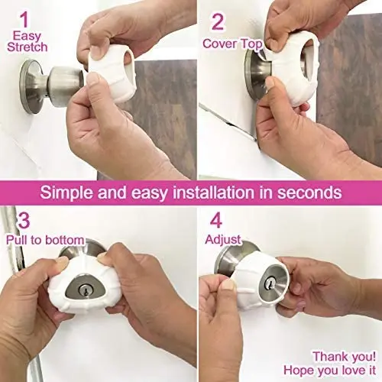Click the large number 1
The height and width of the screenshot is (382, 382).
click(x=24, y=20)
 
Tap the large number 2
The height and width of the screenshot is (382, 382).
click(x=218, y=22)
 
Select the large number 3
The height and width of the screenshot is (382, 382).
click(x=24, y=220)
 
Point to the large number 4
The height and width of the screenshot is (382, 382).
click(x=216, y=220)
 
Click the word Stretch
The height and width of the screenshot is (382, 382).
click(x=28, y=47)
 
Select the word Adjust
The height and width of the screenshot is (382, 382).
click(x=223, y=240)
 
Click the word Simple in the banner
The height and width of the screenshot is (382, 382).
click(x=67, y=193)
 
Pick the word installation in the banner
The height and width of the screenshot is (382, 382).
click(x=214, y=193)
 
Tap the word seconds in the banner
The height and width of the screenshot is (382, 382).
click(x=309, y=193)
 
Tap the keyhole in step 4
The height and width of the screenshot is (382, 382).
click(x=270, y=283)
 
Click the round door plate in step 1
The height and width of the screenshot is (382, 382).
click(x=31, y=86)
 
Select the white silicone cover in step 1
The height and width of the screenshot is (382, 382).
click(x=110, y=73)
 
